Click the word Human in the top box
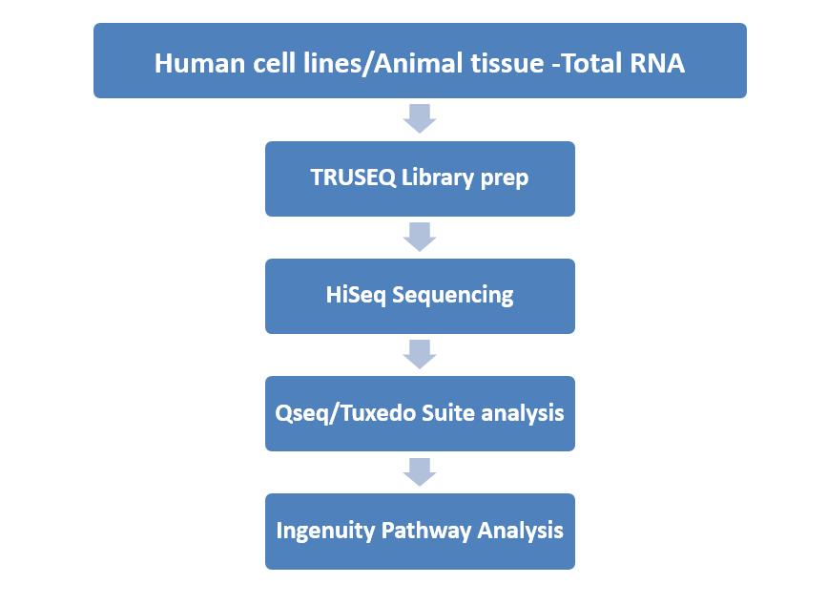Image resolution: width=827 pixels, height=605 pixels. pos(199,63)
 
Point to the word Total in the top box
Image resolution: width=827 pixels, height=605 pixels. pos(591,63)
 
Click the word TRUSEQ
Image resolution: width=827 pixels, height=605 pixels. pos(353,177)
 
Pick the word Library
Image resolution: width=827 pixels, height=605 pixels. pos(438,178)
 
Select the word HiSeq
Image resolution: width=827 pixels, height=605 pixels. pos(356,296)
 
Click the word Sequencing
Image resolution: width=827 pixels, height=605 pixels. pos(453,296)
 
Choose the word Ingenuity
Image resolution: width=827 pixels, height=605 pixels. pos(325,532)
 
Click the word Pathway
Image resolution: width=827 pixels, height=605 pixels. pos(425,532)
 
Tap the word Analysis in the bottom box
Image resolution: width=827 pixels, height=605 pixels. pos(520,532)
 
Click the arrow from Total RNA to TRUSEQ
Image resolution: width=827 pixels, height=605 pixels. pos(420,118)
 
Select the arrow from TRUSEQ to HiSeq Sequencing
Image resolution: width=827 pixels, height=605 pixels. pos(420,237)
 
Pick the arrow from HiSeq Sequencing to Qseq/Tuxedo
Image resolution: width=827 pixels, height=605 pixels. pos(420,354)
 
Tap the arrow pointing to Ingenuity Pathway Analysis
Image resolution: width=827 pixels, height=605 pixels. pos(420,471)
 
